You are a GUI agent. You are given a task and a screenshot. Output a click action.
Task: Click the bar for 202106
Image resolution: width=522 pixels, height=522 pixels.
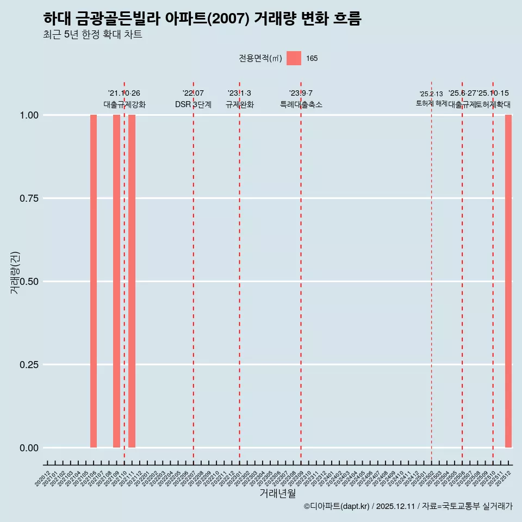point(94,281)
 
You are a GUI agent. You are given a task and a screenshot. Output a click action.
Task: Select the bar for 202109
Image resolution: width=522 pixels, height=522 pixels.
point(116,281)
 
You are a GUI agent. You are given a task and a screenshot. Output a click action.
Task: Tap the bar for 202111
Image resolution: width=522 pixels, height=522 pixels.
point(132,281)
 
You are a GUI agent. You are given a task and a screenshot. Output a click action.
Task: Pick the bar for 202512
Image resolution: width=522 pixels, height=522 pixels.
point(508,281)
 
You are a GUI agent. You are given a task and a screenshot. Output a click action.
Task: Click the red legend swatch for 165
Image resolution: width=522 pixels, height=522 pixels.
point(294,58)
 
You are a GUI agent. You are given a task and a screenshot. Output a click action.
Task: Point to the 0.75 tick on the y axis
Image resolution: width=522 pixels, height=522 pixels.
point(28,198)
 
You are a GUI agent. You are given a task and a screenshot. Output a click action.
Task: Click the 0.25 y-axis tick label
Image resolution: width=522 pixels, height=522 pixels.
point(28,365)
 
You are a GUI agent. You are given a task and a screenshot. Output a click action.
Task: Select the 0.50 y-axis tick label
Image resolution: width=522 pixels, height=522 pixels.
point(28,282)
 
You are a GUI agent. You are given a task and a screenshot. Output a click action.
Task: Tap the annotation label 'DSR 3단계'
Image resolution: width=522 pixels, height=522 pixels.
point(193,104)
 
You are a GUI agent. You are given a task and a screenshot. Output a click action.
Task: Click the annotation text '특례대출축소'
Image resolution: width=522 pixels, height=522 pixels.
point(301,104)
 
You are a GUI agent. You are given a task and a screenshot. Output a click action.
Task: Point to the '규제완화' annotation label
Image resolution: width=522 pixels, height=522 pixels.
point(239,104)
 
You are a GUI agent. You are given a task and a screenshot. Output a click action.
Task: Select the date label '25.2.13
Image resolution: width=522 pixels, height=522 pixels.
point(431,94)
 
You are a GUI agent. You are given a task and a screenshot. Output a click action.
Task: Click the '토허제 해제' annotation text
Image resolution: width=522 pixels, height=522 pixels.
point(431,103)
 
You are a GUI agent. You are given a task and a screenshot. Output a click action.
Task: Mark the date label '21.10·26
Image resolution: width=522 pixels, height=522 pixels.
point(124,94)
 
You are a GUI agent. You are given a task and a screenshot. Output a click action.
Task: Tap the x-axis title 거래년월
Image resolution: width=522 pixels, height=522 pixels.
point(277,493)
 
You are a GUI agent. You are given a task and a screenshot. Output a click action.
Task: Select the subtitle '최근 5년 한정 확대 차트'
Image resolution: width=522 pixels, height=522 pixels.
point(92,35)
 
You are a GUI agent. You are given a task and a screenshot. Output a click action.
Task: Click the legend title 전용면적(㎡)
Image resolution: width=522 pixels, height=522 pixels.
point(260,58)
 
